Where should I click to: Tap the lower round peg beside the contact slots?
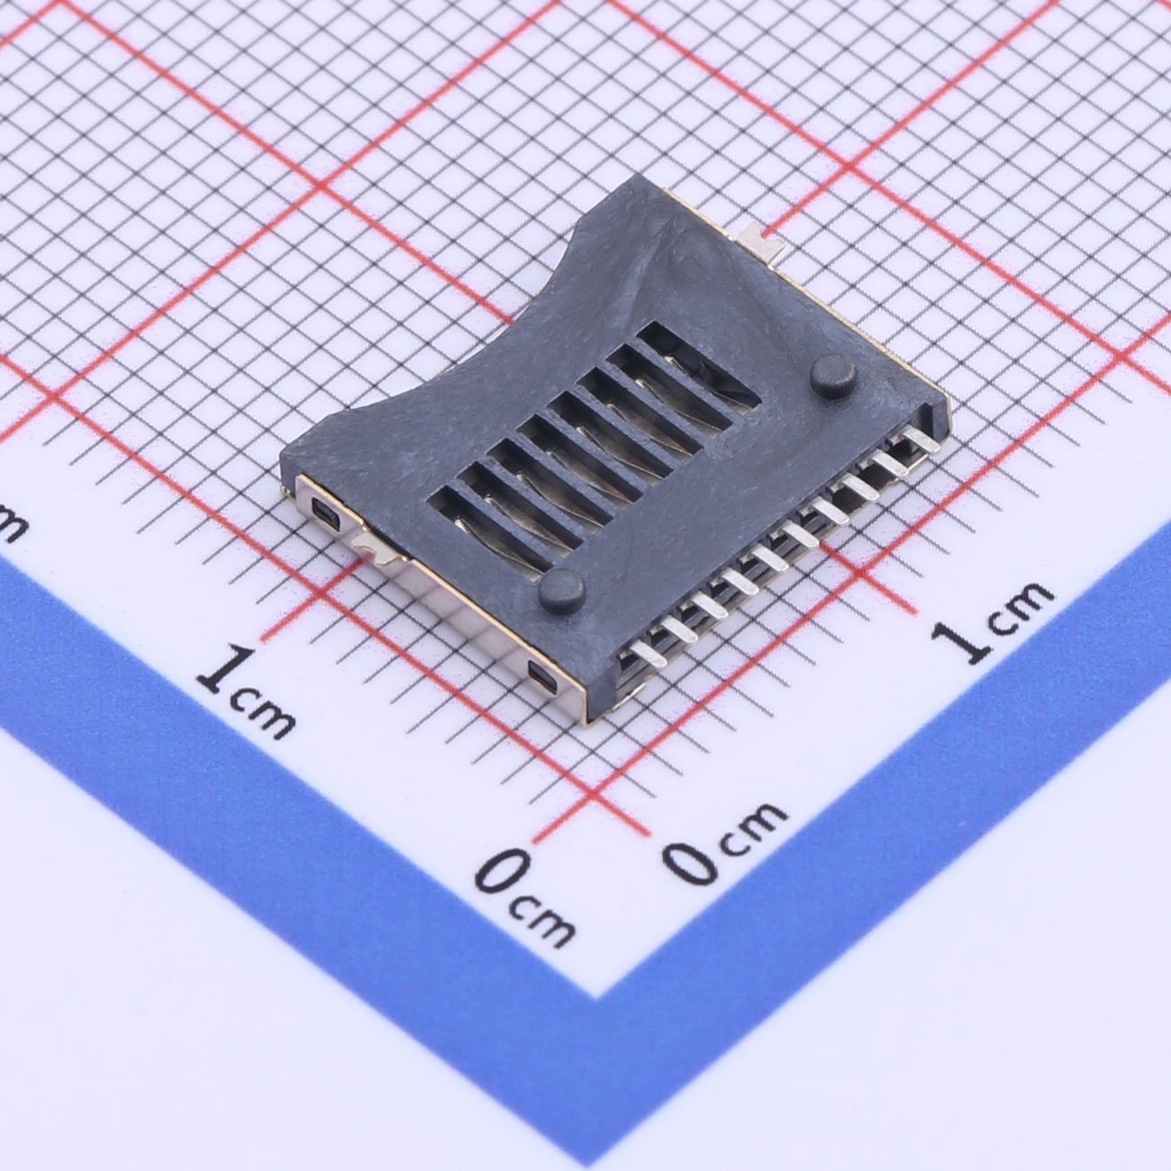[x=561, y=587]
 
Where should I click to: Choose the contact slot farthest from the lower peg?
[x=699, y=365]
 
